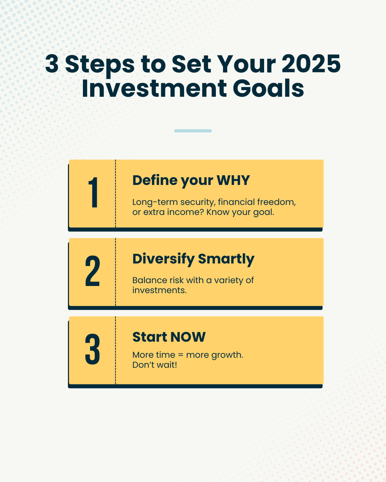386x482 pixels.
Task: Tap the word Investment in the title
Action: (151, 89)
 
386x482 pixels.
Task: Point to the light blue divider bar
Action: (193, 131)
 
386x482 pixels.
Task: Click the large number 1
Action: (92, 194)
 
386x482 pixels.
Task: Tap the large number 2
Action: (92, 272)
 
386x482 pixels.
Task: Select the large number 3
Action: (92, 350)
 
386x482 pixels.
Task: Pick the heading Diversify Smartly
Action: (193, 259)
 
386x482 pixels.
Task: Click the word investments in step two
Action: (160, 290)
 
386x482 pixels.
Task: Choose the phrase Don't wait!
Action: (155, 366)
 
